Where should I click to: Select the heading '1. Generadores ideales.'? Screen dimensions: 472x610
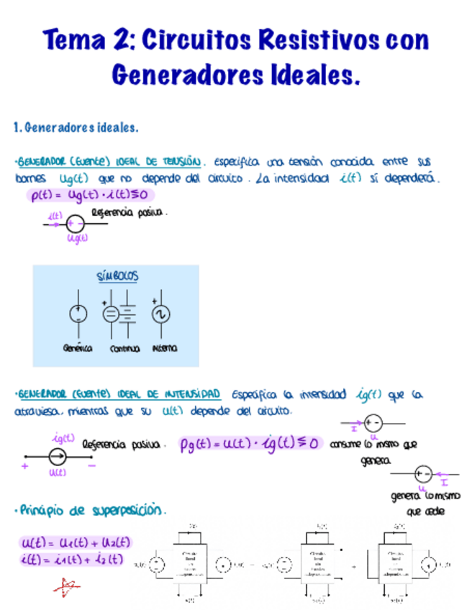click(76, 128)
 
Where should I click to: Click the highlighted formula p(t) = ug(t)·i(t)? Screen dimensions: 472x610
click(90, 194)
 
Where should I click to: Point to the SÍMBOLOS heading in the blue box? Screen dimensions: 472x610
click(117, 276)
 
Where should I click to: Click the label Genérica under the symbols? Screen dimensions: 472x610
click(78, 348)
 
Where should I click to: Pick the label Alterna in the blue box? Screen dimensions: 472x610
click(165, 348)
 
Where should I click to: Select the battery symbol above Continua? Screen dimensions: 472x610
click(127, 314)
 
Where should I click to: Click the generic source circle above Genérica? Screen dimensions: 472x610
click(78, 314)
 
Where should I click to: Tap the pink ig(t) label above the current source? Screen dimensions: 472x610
click(63, 437)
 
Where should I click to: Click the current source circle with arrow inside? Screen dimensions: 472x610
click(57, 456)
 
